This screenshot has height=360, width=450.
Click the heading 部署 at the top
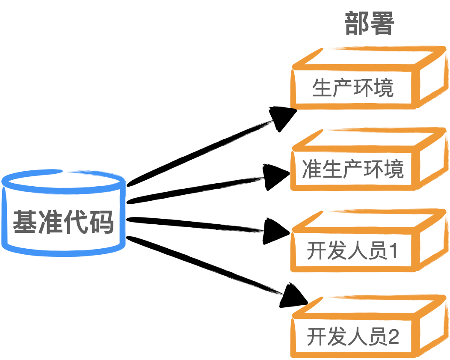369,24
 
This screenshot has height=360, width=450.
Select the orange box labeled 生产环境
353,88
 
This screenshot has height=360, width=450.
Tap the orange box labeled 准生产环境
353,170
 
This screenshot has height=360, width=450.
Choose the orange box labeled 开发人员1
353,251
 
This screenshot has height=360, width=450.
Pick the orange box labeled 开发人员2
353,337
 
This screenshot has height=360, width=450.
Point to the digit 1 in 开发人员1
393,251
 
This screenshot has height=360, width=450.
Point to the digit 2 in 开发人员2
393,337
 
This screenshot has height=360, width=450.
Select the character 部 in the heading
357,24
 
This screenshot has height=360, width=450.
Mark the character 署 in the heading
381,24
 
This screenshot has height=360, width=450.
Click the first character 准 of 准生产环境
312,170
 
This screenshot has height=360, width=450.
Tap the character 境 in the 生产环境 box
384,88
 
